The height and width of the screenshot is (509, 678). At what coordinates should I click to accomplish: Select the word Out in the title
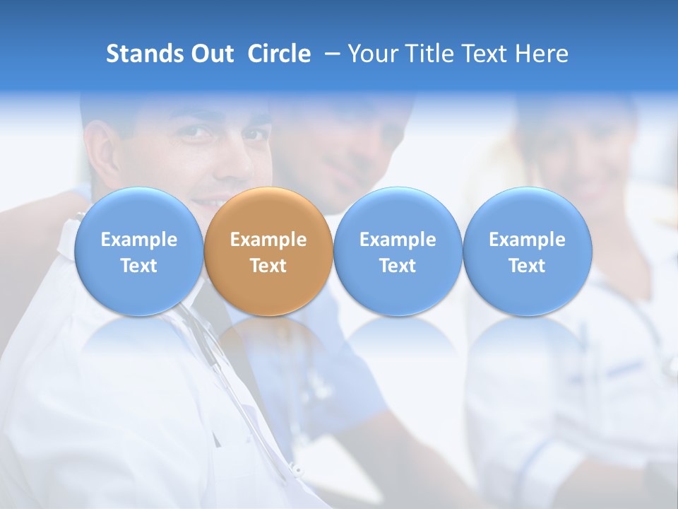tap(210, 54)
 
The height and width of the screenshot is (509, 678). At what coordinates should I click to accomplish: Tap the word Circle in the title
tap(279, 54)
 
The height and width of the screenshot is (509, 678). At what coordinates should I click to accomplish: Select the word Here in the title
tap(542, 54)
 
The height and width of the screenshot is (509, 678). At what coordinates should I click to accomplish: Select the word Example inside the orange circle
tap(268, 240)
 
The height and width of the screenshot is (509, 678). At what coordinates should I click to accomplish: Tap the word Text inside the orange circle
tap(268, 266)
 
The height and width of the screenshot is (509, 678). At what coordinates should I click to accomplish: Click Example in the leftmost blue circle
tap(139, 240)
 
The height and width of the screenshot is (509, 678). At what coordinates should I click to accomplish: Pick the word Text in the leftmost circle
tap(139, 266)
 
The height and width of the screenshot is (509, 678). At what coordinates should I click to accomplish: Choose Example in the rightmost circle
tap(528, 240)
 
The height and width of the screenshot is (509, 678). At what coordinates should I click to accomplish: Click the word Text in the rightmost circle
tap(528, 266)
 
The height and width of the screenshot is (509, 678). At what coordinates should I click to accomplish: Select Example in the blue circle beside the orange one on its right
tap(398, 240)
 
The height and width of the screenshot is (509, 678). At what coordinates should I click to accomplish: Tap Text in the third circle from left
tap(398, 266)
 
